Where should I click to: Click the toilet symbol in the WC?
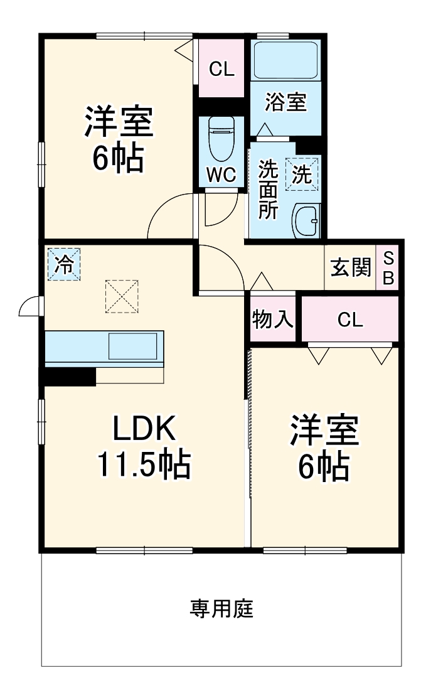pyautogui.click(x=221, y=140)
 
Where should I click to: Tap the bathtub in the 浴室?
pyautogui.click(x=286, y=61)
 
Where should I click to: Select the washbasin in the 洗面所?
pyautogui.click(x=306, y=221)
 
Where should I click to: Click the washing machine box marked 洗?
pyautogui.click(x=302, y=173)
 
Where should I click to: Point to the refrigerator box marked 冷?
pyautogui.click(x=63, y=265)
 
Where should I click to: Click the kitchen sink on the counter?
pyautogui.click(x=134, y=346)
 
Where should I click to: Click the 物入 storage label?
pyautogui.click(x=272, y=319)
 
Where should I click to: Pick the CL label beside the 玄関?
pyautogui.click(x=350, y=319)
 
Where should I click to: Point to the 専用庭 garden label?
pyautogui.click(x=221, y=608)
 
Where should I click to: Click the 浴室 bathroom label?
pyautogui.click(x=285, y=102)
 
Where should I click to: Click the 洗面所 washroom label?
pyautogui.click(x=269, y=190)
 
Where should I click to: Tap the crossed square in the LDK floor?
pyautogui.click(x=121, y=296)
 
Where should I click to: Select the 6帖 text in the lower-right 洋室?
pyautogui.click(x=323, y=466)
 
